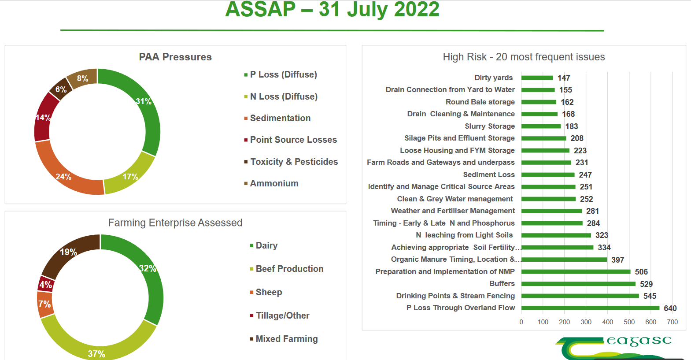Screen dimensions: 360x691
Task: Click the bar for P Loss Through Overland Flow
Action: [x=590, y=308]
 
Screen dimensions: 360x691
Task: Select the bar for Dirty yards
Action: [x=537, y=78]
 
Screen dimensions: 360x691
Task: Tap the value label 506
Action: [x=641, y=272]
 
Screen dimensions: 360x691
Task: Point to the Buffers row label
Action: [x=502, y=284]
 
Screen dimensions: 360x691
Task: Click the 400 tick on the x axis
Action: [x=607, y=322]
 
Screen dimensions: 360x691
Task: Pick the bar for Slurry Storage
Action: [x=541, y=126]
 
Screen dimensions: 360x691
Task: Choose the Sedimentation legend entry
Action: [x=280, y=118]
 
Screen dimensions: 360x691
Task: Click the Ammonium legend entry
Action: [x=274, y=183]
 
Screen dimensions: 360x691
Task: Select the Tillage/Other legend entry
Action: [x=282, y=315]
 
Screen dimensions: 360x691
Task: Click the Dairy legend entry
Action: [x=266, y=245]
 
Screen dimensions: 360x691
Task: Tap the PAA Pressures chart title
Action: [x=175, y=57]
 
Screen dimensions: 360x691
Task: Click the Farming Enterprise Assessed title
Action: [x=175, y=223]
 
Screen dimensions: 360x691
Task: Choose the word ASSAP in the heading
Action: [x=260, y=10]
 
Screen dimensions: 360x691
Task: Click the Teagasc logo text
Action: [x=639, y=341]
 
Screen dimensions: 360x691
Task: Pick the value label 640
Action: [x=670, y=308]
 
